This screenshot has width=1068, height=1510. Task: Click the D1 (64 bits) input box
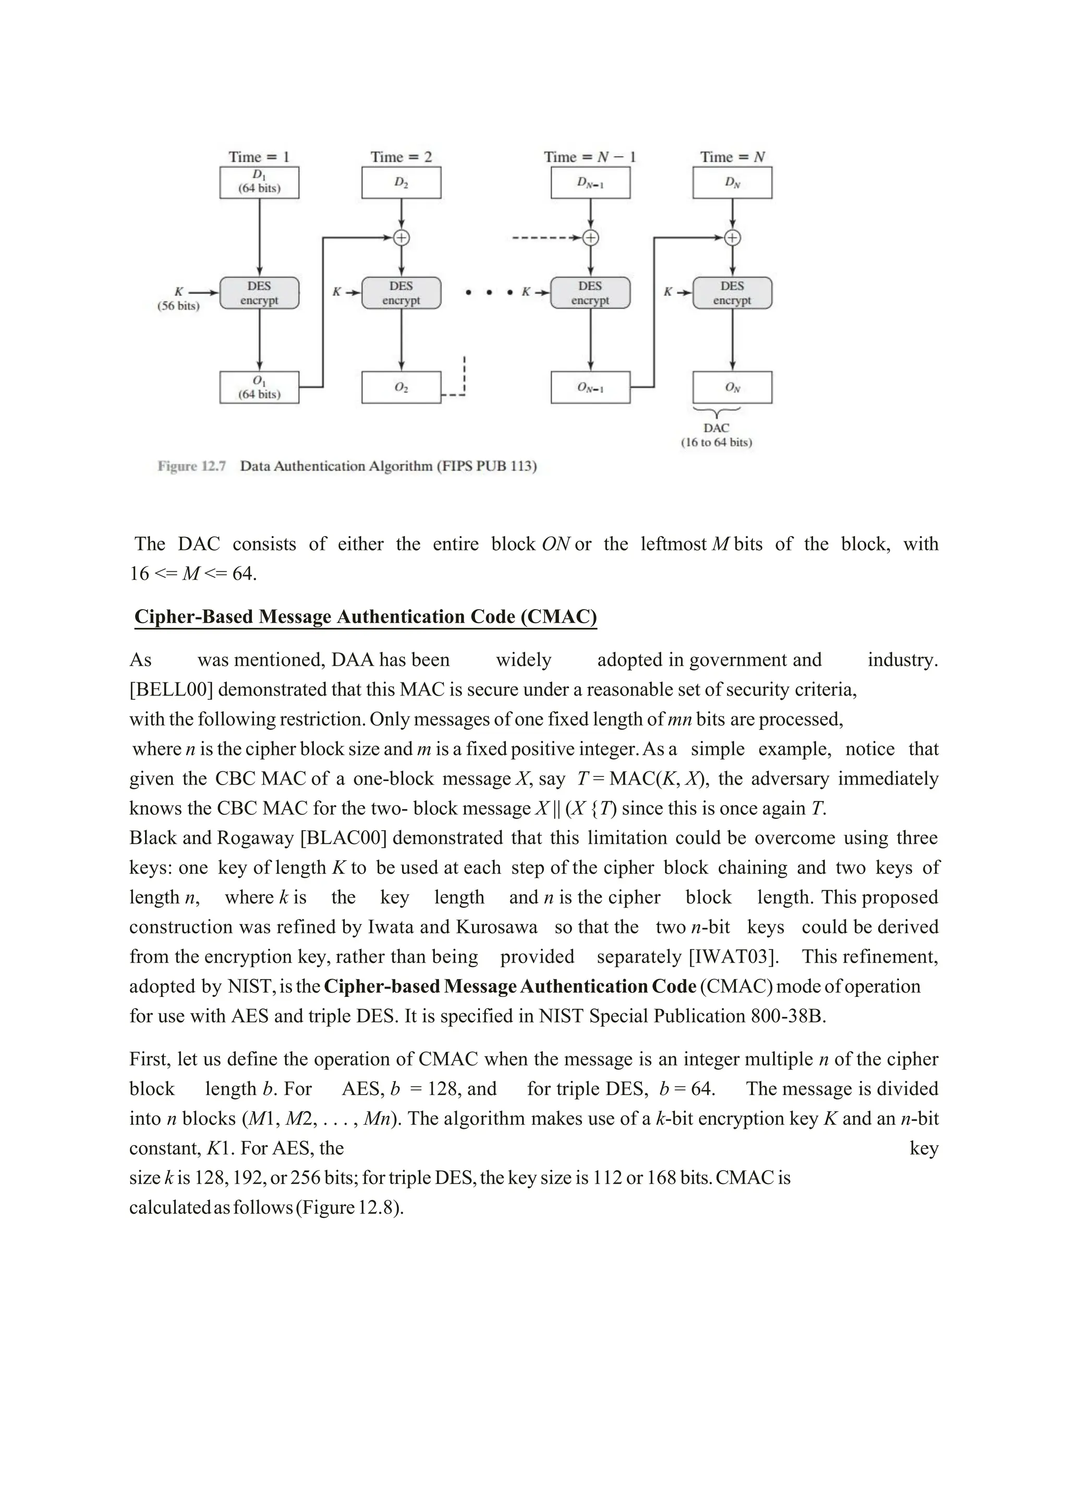click(x=259, y=182)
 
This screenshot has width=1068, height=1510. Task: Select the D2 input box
click(x=401, y=182)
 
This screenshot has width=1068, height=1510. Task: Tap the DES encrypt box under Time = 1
click(x=259, y=293)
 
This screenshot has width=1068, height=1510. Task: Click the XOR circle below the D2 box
click(x=401, y=237)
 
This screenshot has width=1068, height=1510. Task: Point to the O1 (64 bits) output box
click(x=259, y=387)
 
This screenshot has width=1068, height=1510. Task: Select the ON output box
click(x=732, y=387)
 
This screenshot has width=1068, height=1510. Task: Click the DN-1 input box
click(x=590, y=182)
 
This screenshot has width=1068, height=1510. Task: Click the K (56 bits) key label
click(x=178, y=299)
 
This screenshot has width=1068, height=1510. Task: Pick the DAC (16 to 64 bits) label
click(x=716, y=435)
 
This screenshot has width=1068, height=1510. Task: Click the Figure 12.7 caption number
click(x=191, y=466)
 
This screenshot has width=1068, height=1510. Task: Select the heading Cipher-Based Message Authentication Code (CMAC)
click(x=366, y=617)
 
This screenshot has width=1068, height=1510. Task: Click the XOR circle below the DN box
click(x=732, y=237)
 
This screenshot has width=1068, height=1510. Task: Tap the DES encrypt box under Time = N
click(x=732, y=293)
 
